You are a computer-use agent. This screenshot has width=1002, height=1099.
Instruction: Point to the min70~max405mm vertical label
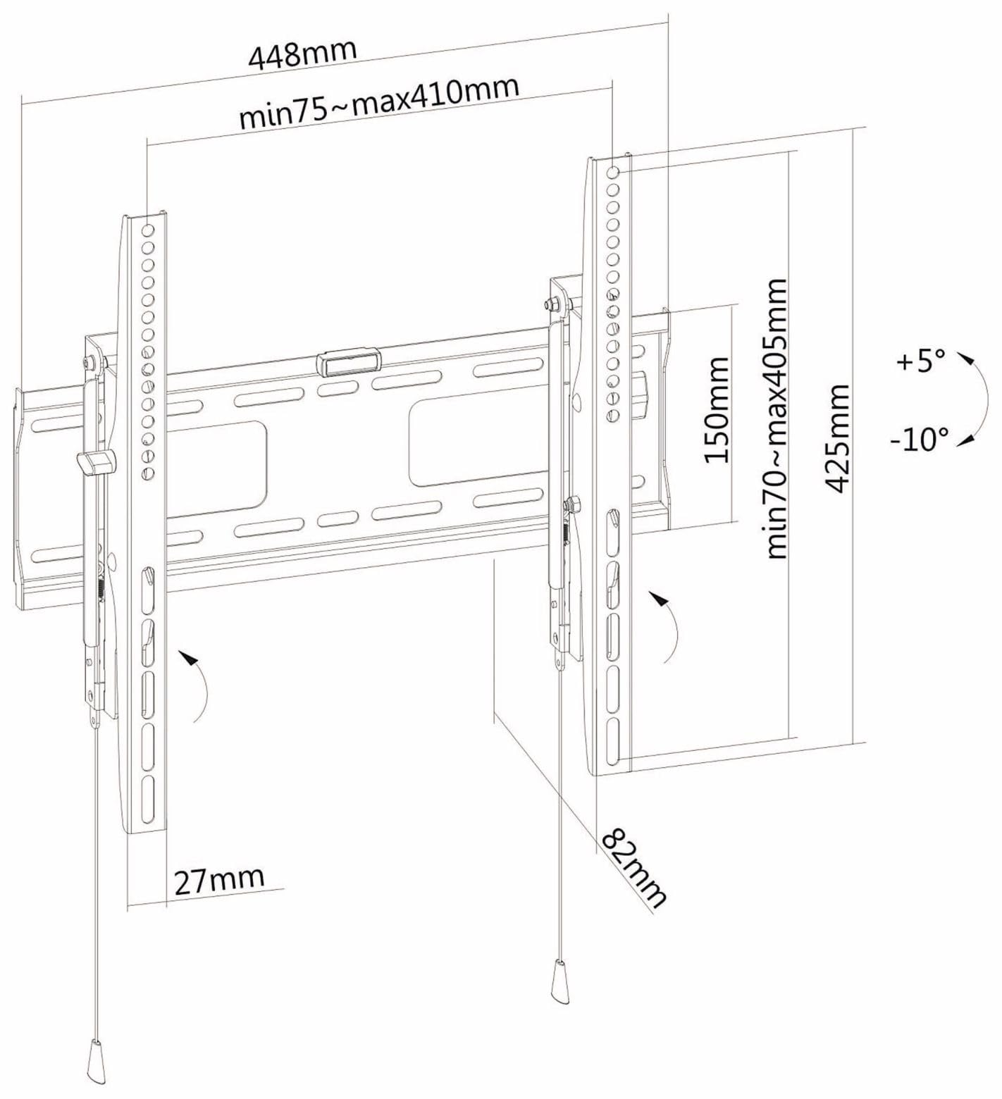pyautogui.click(x=777, y=418)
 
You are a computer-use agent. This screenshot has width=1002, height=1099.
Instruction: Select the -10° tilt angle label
pyautogui.click(x=918, y=440)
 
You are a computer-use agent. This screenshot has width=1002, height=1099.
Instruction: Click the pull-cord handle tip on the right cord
pyautogui.click(x=559, y=981)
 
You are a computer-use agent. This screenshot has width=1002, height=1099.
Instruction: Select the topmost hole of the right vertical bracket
pyautogui.click(x=612, y=172)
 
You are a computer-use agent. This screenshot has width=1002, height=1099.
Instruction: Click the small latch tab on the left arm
pyautogui.click(x=96, y=462)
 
